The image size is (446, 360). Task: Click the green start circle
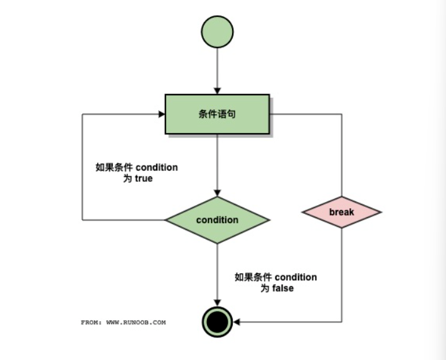click(x=217, y=32)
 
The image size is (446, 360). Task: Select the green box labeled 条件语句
click(x=217, y=114)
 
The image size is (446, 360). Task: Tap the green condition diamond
click(x=217, y=220)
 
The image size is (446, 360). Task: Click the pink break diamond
click(x=341, y=212)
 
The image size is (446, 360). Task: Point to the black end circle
click(x=217, y=322)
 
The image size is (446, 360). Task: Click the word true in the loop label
click(x=144, y=178)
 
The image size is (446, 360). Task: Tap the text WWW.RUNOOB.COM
click(x=136, y=322)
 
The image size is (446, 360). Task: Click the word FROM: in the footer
click(x=92, y=322)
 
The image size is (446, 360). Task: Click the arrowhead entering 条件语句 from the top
click(x=217, y=90)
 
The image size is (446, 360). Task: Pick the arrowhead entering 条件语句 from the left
click(x=161, y=114)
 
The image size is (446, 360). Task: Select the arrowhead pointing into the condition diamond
click(x=217, y=193)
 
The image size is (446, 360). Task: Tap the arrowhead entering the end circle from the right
click(x=237, y=322)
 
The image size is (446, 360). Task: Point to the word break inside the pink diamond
click(x=341, y=212)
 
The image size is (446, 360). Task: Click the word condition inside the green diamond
click(x=217, y=220)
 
